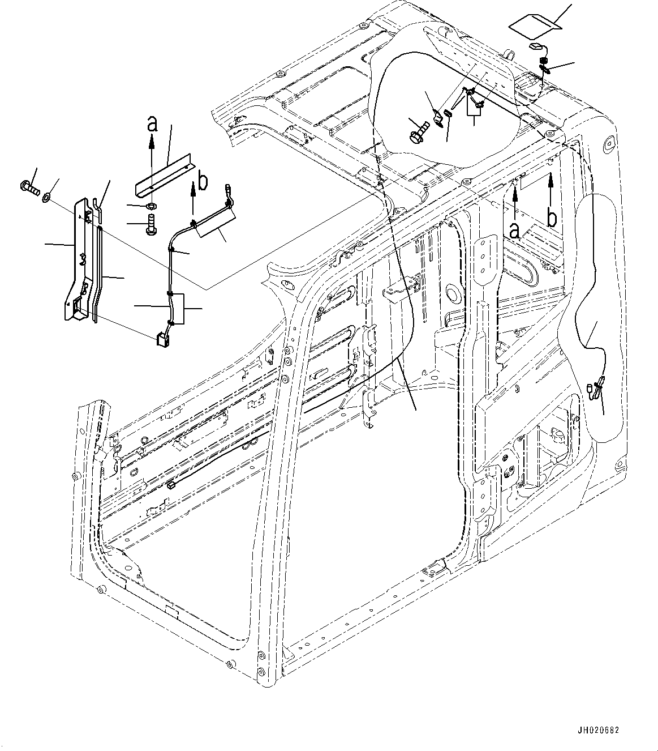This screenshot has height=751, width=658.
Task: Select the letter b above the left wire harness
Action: coord(203,182)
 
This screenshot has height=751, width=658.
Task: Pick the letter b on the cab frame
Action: coord(552,217)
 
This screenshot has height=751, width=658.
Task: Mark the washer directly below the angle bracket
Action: coord(151,205)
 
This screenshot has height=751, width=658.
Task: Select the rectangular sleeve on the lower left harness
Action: coord(178,309)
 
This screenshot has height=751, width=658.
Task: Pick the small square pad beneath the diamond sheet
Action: coord(535,47)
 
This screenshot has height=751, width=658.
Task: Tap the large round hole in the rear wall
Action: coord(452,296)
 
